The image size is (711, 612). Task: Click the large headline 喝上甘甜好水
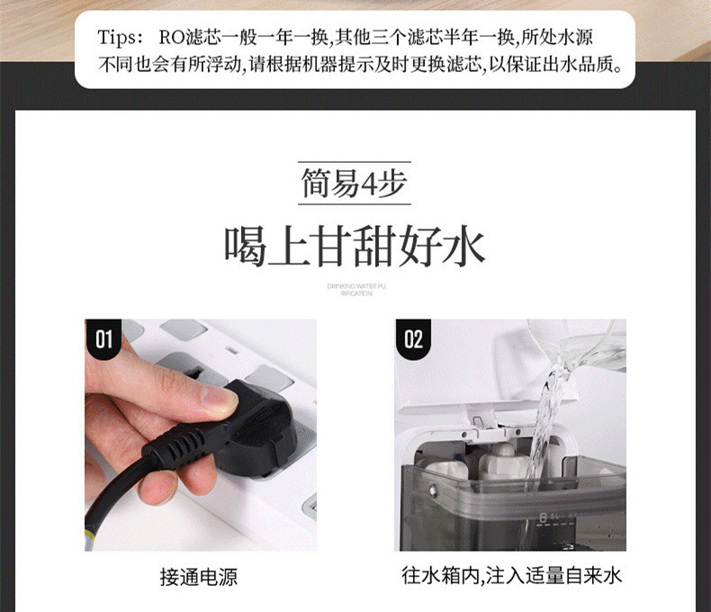tap(355, 246)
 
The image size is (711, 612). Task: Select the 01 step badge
tap(104, 338)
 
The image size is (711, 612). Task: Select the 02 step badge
tap(413, 338)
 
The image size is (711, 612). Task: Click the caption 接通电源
tap(200, 577)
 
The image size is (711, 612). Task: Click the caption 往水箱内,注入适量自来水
tap(511, 576)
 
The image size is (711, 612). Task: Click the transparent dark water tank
tap(513, 504)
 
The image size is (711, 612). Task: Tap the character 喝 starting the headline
tap(245, 246)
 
